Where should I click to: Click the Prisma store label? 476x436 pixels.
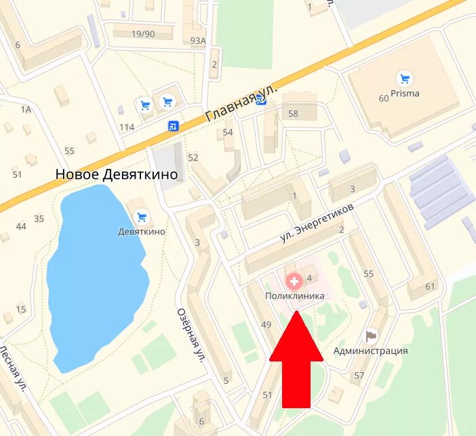point(405,94)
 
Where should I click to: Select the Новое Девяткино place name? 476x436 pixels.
point(117,174)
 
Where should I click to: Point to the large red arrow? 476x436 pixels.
point(296,359)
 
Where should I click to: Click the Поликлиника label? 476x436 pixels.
point(294,296)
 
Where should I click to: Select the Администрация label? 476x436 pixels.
point(370,351)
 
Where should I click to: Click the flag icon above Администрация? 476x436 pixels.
point(370,335)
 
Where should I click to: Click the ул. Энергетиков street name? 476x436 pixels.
point(317,224)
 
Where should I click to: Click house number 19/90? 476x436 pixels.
point(142,34)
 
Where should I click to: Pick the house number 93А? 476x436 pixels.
point(197,41)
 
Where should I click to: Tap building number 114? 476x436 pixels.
point(127,127)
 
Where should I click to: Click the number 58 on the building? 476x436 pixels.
point(293,114)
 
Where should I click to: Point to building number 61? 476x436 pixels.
point(430,286)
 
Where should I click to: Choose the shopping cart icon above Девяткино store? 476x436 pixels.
point(142,217)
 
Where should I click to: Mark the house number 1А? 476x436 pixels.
point(26,109)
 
